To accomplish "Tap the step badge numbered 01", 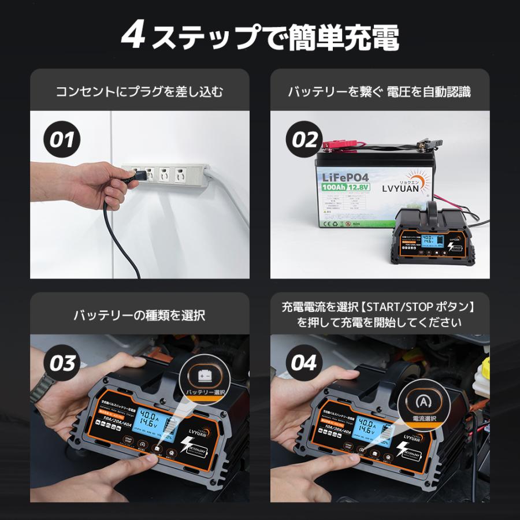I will (x=62, y=139).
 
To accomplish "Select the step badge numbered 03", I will (x=62, y=363).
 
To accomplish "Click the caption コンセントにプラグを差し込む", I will (x=139, y=91).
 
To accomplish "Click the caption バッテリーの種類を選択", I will (x=139, y=315).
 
